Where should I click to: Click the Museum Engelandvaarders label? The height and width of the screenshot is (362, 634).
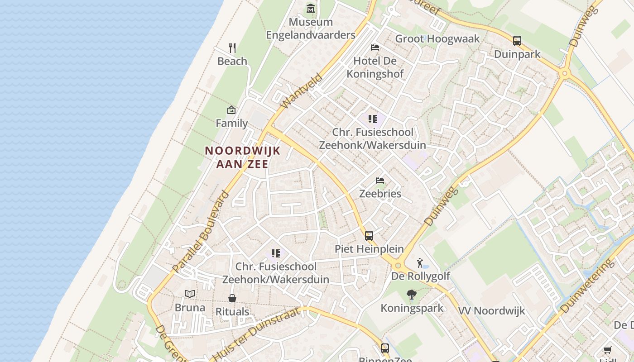[x=311, y=29]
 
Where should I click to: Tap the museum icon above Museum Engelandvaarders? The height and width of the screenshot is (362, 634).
[x=311, y=9]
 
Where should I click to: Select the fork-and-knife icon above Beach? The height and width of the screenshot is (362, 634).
[x=232, y=48]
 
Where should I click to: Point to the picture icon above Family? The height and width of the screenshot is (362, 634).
[x=231, y=110]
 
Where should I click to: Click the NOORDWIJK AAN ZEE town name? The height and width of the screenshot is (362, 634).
[x=243, y=157]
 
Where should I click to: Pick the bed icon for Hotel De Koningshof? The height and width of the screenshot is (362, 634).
[x=375, y=47]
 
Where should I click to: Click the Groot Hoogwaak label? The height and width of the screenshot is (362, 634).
[x=437, y=39]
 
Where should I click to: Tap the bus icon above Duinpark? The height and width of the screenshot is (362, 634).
[x=517, y=40]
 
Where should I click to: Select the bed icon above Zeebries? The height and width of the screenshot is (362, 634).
[x=380, y=181]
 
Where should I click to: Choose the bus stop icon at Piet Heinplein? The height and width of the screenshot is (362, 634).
[x=369, y=235]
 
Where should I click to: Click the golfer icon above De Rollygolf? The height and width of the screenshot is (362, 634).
[x=420, y=262]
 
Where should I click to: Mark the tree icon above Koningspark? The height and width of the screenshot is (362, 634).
[x=412, y=295]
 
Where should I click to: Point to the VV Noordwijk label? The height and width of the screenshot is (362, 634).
[x=491, y=311]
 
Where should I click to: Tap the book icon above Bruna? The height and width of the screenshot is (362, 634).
[x=190, y=294]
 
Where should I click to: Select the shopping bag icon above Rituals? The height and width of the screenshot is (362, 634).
[x=232, y=298]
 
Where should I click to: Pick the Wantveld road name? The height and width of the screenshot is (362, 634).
[x=302, y=91]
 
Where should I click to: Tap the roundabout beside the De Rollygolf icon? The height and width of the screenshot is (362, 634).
[x=398, y=266]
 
